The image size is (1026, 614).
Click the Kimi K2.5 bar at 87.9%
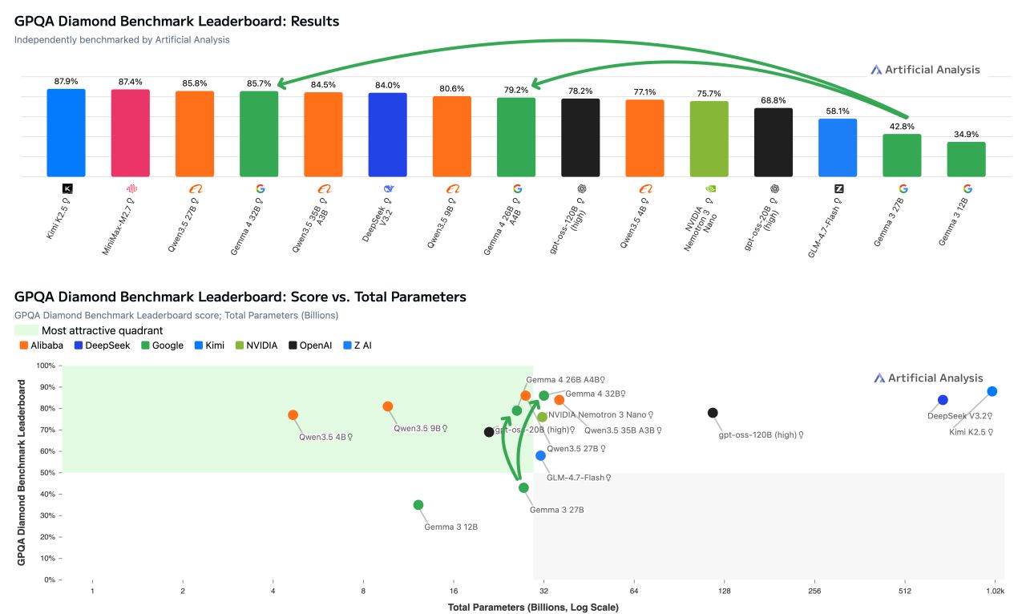pos(66,132)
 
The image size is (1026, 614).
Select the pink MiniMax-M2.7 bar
pos(130,133)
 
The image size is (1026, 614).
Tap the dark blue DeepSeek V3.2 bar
pos(387,135)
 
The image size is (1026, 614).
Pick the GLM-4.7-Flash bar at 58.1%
pos(838,147)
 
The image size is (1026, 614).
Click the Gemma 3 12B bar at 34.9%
pos(966,159)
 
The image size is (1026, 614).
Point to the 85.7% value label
pos(259,83)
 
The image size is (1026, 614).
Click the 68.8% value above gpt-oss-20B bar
pos(773,100)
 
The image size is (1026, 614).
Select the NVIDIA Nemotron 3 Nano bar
pos(709,139)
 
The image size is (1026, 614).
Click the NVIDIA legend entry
pos(257,345)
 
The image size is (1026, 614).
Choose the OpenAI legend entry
pos(314,345)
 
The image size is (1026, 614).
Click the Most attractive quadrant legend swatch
pos(26,330)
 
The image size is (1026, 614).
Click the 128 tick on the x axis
pos(725,591)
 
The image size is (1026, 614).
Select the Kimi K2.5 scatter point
pos(992,391)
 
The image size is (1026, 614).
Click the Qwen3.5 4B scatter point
pos(293,415)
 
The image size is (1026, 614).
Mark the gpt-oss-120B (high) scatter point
pos(713,413)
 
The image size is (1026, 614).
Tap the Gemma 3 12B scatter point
pos(418,505)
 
